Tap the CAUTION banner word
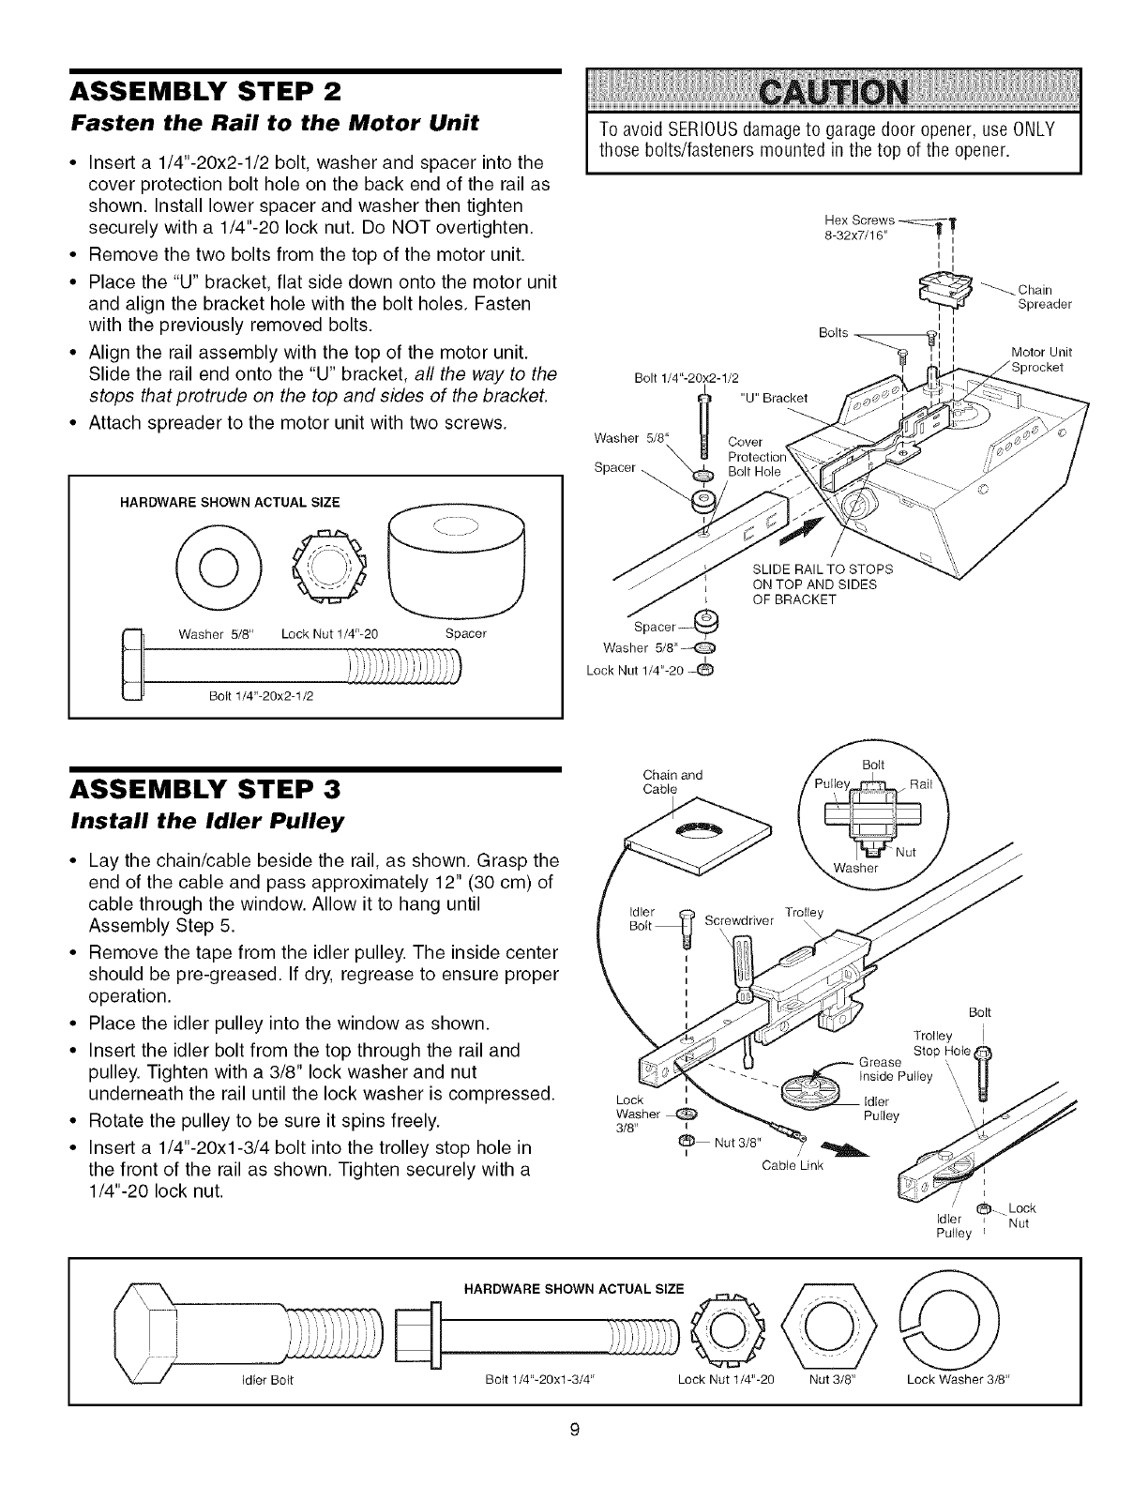click(834, 95)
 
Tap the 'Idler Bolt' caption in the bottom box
click(268, 1380)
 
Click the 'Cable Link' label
click(793, 1166)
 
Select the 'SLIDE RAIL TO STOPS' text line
click(823, 569)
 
